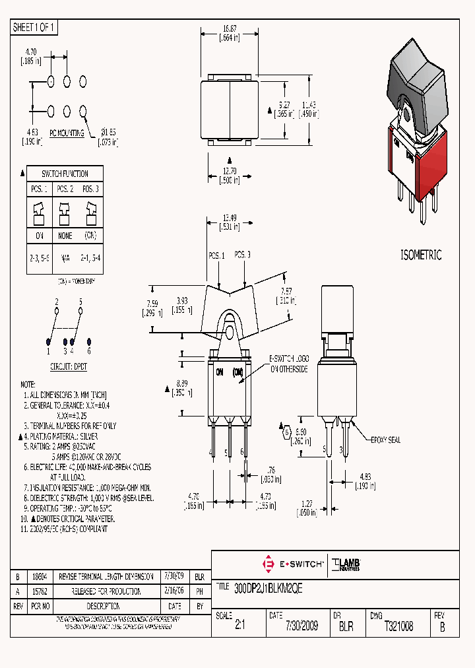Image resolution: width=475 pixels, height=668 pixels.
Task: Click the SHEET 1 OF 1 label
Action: (34, 28)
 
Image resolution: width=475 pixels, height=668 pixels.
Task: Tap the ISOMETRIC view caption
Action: (422, 255)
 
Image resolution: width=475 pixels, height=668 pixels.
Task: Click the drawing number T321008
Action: (398, 626)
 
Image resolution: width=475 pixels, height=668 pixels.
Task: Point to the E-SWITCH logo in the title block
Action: (294, 564)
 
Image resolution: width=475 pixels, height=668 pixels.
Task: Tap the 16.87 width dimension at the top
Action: (229, 29)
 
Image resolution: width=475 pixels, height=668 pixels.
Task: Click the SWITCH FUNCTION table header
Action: (65, 174)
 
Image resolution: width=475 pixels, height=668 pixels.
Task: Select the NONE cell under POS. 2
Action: (65, 236)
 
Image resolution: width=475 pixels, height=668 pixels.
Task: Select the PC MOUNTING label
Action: (67, 133)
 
